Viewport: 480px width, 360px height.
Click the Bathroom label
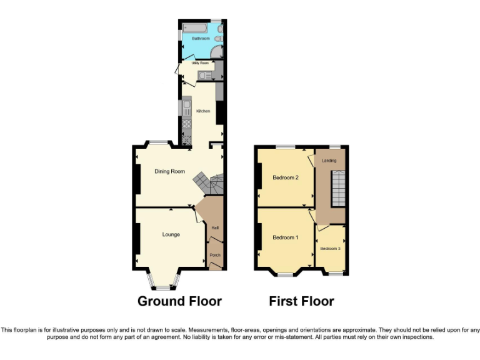201,39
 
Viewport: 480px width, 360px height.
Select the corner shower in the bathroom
216,52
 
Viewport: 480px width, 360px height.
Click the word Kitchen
203,111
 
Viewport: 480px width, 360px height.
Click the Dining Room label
170,171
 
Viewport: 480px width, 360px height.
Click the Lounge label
171,235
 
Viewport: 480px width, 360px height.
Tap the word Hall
214,227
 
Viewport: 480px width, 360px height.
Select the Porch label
214,255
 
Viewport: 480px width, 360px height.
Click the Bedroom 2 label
285,177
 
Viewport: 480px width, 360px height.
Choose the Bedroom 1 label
285,237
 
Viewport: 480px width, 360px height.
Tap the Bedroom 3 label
331,249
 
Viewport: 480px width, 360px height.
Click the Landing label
329,161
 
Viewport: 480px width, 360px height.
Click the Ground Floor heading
179,301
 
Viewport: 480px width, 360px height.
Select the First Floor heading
301,301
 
